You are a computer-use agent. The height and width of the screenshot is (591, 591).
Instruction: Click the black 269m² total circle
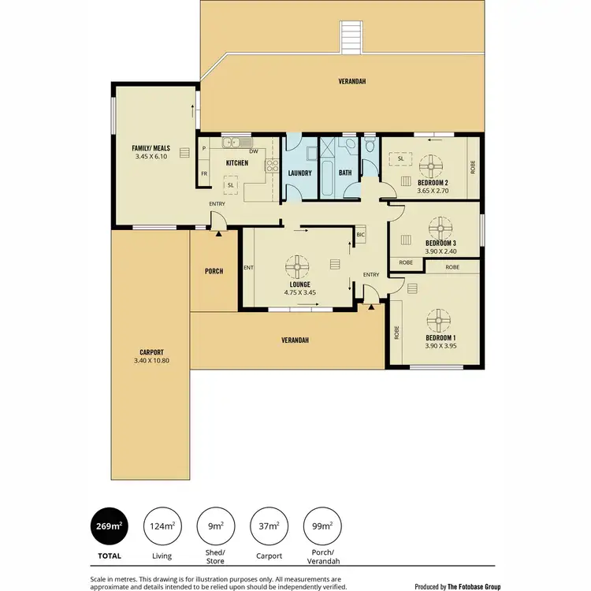pos(110,526)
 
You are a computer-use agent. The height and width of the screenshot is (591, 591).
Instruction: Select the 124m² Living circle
pos(162,526)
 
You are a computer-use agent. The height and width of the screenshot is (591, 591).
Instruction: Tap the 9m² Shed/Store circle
pos(215,526)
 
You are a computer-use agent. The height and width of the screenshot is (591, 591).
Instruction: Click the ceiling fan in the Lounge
pos(299,265)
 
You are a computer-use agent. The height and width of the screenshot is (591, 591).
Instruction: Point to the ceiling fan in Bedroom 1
pos(437,321)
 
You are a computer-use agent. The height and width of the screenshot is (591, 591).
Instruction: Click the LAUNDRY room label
pos(300,173)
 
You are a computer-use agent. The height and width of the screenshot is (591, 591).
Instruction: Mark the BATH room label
pos(345,173)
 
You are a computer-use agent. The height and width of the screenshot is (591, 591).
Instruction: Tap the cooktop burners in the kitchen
pos(272,165)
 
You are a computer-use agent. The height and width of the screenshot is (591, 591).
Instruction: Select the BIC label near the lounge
pos(361,234)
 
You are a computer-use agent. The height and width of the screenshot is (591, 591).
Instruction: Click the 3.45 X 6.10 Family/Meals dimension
pos(151,157)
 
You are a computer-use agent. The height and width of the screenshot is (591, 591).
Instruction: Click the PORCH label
pos(214,271)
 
